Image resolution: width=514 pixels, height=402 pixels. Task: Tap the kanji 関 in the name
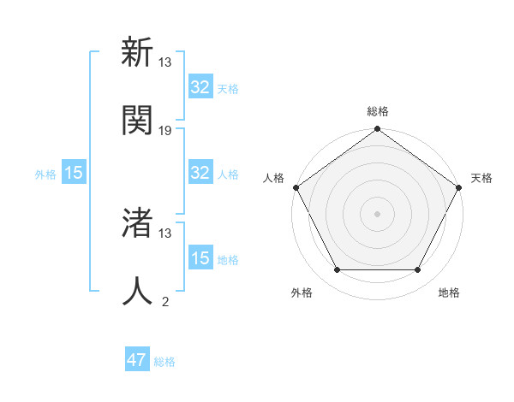(137, 121)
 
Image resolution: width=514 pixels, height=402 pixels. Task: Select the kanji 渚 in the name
(137, 223)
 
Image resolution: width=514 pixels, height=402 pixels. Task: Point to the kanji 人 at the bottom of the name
(137, 292)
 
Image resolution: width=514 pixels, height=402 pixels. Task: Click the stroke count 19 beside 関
(165, 131)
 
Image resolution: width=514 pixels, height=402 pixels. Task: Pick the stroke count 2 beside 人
(165, 301)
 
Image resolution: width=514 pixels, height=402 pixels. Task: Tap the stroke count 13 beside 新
(165, 62)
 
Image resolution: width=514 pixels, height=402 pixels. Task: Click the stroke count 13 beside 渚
(165, 233)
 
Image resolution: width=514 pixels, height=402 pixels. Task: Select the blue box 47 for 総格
(137, 360)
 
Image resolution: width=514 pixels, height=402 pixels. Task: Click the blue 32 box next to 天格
(200, 87)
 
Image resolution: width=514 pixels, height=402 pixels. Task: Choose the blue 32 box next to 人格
(200, 173)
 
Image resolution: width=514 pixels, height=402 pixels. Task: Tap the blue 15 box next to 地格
(200, 258)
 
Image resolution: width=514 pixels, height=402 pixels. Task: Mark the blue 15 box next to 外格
(74, 173)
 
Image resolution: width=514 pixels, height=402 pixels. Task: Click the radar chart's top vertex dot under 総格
(377, 130)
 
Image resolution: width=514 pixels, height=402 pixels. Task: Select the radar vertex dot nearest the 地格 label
(418, 270)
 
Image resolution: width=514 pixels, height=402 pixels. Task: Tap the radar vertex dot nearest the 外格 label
(337, 270)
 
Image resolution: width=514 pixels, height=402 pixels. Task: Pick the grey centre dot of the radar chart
(377, 213)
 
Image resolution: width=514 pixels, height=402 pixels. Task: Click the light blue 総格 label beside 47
(164, 362)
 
